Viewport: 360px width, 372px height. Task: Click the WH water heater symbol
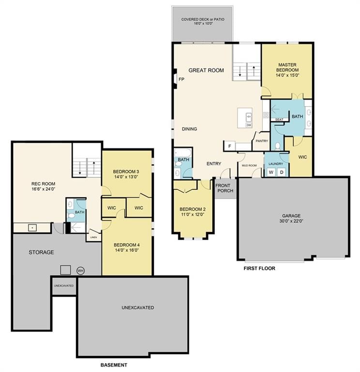click(x=81, y=270)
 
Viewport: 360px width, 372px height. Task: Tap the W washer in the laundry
click(x=271, y=172)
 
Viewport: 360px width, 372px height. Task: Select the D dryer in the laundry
click(x=282, y=172)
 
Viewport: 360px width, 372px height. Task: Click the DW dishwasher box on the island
click(x=249, y=125)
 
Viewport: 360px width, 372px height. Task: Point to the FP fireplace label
click(x=181, y=79)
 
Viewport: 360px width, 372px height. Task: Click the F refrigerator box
click(x=229, y=146)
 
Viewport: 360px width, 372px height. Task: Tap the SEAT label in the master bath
click(x=279, y=120)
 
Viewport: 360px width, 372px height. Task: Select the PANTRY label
click(x=262, y=141)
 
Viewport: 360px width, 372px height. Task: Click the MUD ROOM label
click(x=249, y=165)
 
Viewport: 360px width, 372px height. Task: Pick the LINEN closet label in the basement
click(x=93, y=237)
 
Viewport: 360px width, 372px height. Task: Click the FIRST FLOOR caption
click(x=259, y=268)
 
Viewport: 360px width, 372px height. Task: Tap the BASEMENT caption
click(x=114, y=365)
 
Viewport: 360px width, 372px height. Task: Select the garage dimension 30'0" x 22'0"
click(x=291, y=221)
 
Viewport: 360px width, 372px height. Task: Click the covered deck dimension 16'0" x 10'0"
click(x=203, y=24)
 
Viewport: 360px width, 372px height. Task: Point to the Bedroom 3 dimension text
click(x=126, y=177)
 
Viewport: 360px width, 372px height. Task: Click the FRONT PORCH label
click(x=224, y=188)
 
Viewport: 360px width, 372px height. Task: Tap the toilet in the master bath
click(x=278, y=146)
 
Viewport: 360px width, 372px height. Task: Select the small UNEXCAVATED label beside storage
click(x=64, y=286)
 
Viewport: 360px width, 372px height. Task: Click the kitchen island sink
click(x=249, y=116)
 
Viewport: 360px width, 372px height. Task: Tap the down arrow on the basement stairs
click(x=80, y=168)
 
